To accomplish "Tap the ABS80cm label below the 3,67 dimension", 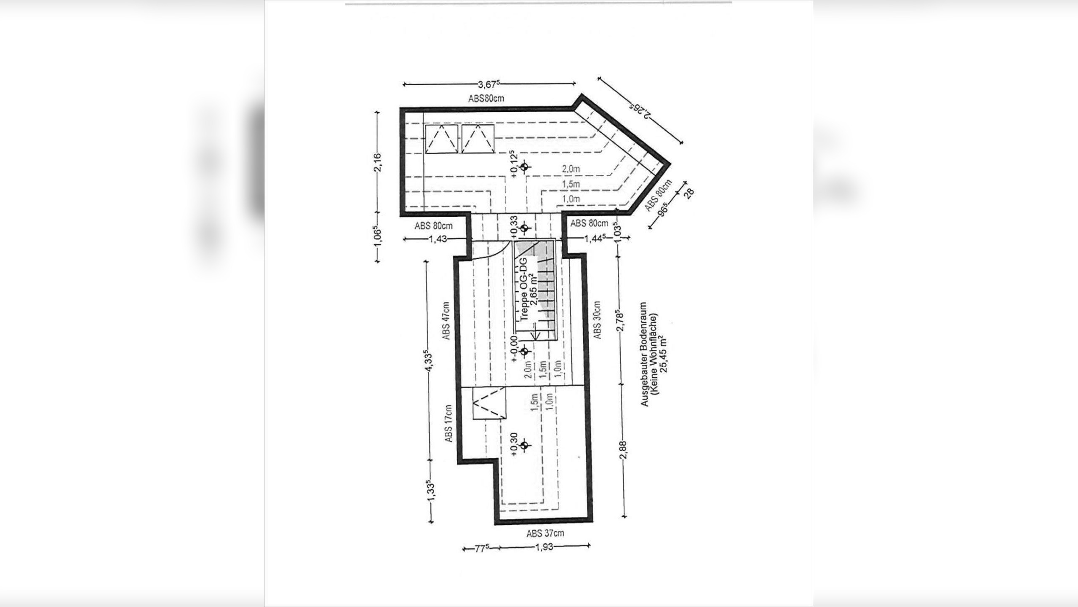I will coord(486,99).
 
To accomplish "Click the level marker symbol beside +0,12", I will coord(524,167).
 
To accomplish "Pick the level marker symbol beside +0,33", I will coord(524,228).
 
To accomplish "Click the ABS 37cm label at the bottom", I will coord(545,533).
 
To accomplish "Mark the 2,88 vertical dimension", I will coord(624,451).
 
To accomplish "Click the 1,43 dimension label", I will coord(438,239).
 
